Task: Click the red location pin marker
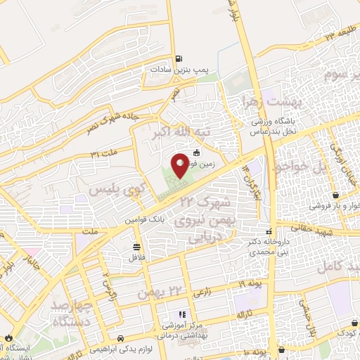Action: point(180,165)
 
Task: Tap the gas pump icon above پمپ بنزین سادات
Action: point(179,59)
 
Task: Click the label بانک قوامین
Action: point(146,220)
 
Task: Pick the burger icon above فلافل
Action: point(136,247)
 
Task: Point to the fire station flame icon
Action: point(5,337)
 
